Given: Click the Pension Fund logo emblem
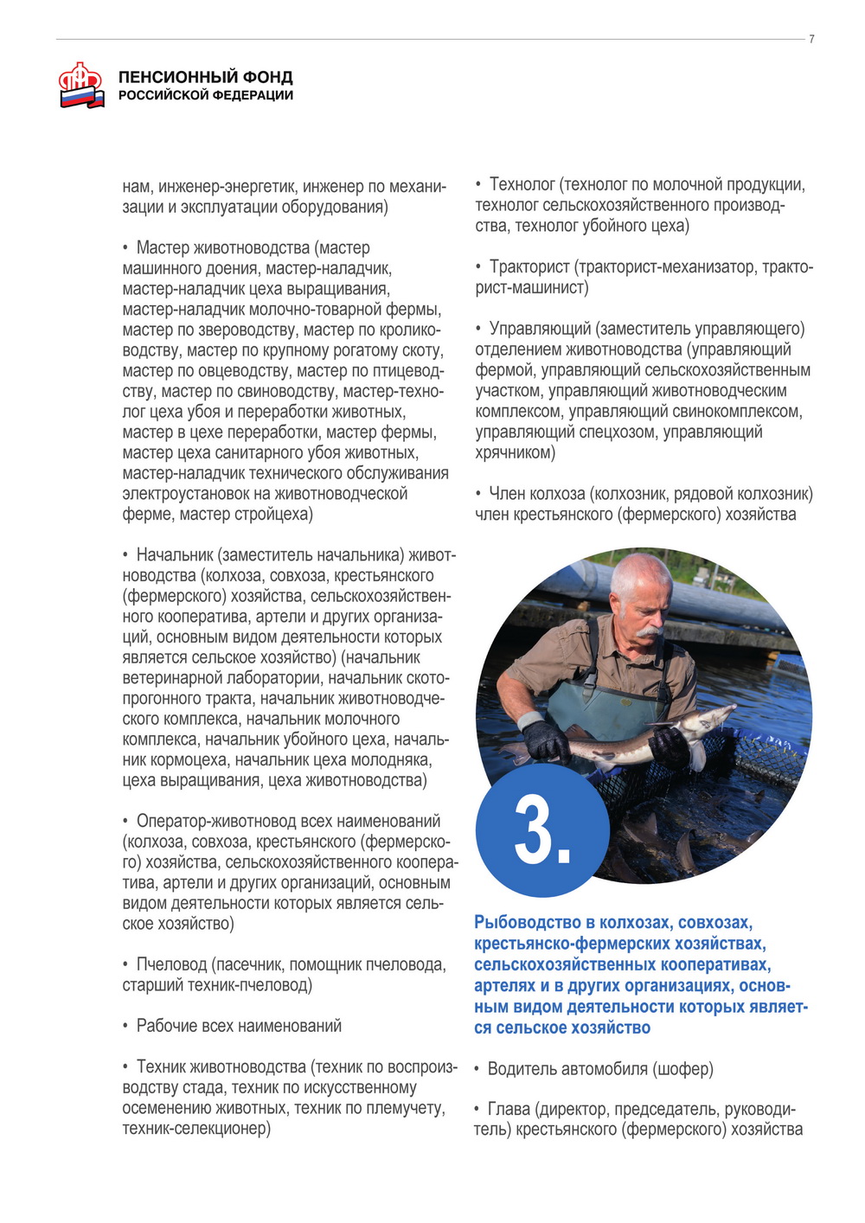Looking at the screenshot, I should pos(80,85).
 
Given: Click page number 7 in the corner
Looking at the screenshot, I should pos(811,39).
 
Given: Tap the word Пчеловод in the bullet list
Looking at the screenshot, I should pos(171,964).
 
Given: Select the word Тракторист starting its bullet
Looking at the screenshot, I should pos(529,267).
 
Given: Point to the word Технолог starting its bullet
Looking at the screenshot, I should pos(522,185).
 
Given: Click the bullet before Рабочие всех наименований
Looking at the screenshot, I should pos(125,1026).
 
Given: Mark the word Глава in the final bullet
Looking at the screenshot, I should pos(509,1109).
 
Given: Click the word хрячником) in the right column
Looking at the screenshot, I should pos(516,452).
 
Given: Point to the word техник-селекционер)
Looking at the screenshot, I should pos(196,1129).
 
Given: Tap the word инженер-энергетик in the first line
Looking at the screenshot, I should pos(228,186).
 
